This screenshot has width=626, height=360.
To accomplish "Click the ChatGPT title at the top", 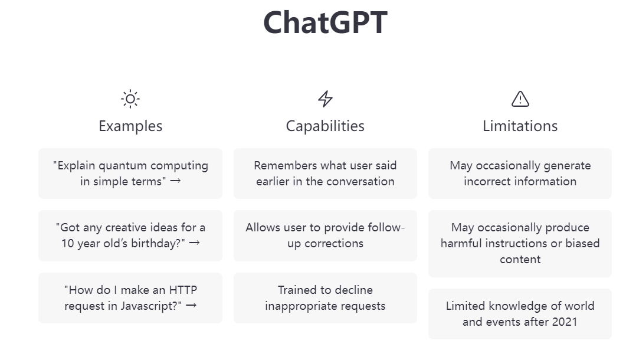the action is (325, 22).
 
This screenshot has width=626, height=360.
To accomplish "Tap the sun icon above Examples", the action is (130, 99).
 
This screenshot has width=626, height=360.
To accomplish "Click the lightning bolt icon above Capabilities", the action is (325, 99).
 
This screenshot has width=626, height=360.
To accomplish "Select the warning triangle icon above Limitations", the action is (520, 99).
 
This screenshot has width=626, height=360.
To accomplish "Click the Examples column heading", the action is (130, 126).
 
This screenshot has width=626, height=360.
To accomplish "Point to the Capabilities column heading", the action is (325, 126).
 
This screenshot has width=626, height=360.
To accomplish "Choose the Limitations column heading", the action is (520, 126).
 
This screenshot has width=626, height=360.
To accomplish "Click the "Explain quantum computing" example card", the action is (130, 174).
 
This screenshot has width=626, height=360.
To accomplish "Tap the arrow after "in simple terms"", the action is (175, 181).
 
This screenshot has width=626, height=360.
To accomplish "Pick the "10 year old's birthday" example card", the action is (130, 235).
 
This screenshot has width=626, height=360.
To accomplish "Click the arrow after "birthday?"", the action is (195, 243).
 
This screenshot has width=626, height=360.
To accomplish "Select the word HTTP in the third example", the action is (183, 290).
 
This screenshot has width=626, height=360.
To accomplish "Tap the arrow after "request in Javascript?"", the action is (191, 305).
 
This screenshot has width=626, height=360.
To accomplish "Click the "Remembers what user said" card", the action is (325, 174).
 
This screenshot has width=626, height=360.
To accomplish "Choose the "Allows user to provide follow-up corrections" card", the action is (325, 235).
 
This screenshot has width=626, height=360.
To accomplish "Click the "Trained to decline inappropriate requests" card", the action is (325, 298).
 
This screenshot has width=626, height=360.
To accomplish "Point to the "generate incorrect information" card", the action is (520, 174).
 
